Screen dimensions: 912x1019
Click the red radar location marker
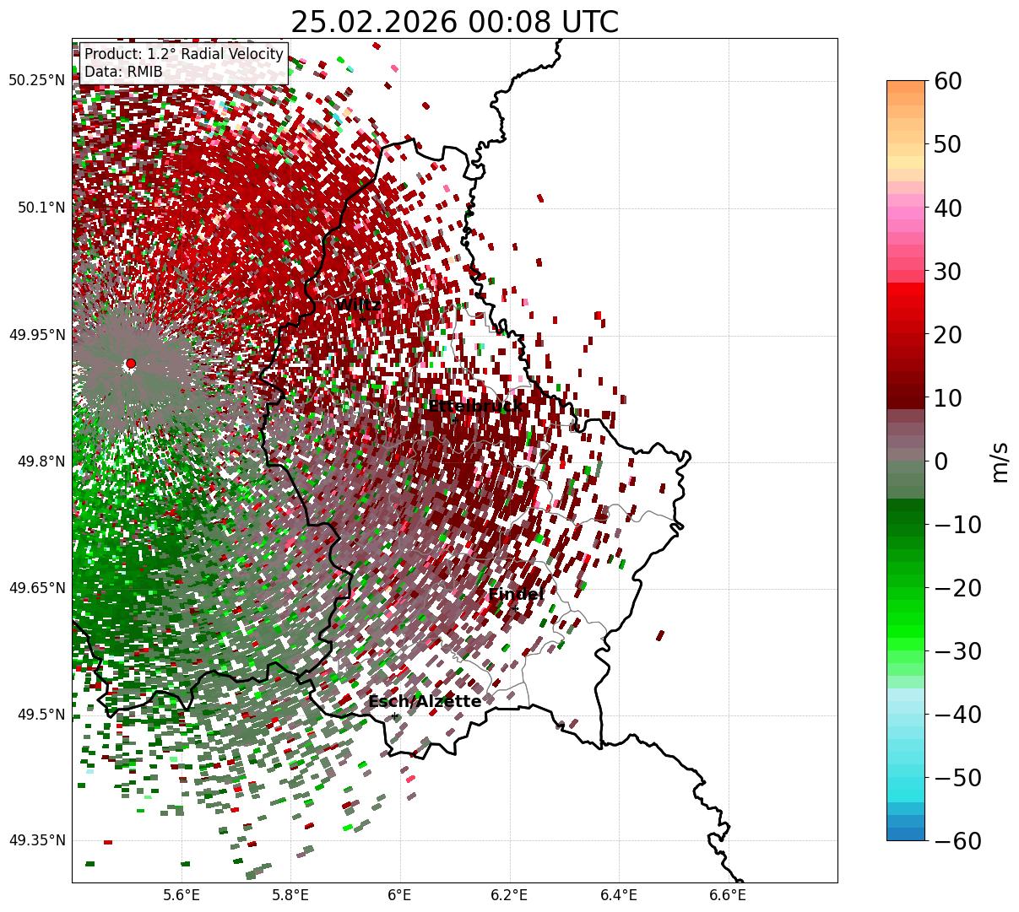pyautogui.click(x=131, y=364)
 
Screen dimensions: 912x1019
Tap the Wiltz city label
pyautogui.click(x=358, y=305)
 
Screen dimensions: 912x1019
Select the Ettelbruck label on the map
pyautogui.click(x=474, y=407)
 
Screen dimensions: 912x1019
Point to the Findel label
pyautogui.click(x=516, y=595)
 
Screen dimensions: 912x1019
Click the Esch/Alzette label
pyautogui.click(x=425, y=701)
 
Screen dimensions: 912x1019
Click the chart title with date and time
pyautogui.click(x=454, y=22)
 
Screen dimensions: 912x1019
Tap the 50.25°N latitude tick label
pyautogui.click(x=36, y=81)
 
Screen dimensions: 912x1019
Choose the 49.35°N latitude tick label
pyautogui.click(x=36, y=840)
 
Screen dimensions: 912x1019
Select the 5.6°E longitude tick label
pyautogui.click(x=182, y=895)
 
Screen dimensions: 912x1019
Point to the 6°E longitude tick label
pyautogui.click(x=399, y=895)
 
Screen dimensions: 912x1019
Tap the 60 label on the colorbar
pyautogui.click(x=949, y=81)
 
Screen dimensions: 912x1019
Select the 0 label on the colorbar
pyautogui.click(x=940, y=461)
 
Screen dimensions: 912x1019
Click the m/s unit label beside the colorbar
pyautogui.click(x=1000, y=461)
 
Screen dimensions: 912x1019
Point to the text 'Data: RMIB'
pyautogui.click(x=123, y=72)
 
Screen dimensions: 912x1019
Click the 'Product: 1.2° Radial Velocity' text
pyautogui.click(x=184, y=54)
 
